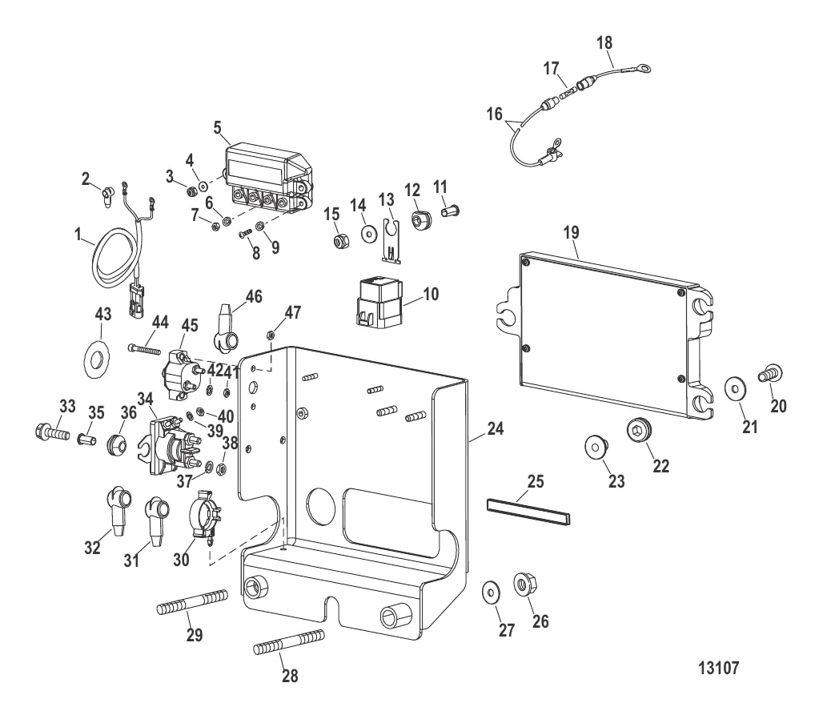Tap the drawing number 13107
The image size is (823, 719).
pyautogui.click(x=725, y=667)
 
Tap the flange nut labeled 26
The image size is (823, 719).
pyautogui.click(x=524, y=586)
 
